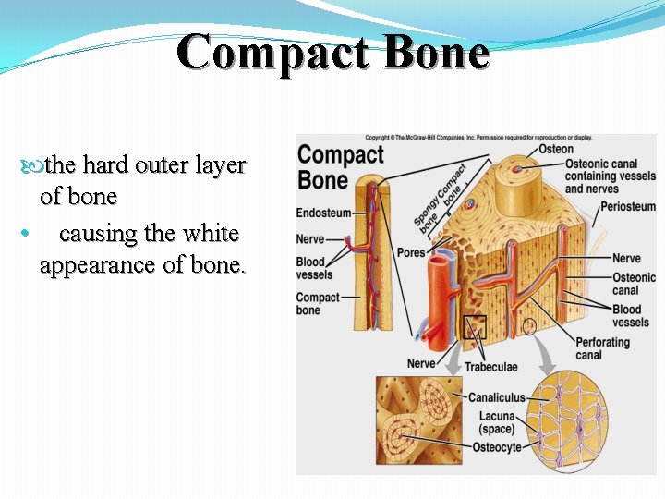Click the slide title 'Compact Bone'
(x=332, y=52)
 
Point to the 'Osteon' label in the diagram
(x=555, y=149)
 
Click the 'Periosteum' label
(x=627, y=207)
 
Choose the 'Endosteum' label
(x=323, y=213)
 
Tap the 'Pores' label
(x=410, y=252)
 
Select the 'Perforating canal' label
(x=602, y=348)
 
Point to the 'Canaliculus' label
(x=496, y=397)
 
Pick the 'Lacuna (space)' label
(x=497, y=423)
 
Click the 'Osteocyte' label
(x=496, y=447)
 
